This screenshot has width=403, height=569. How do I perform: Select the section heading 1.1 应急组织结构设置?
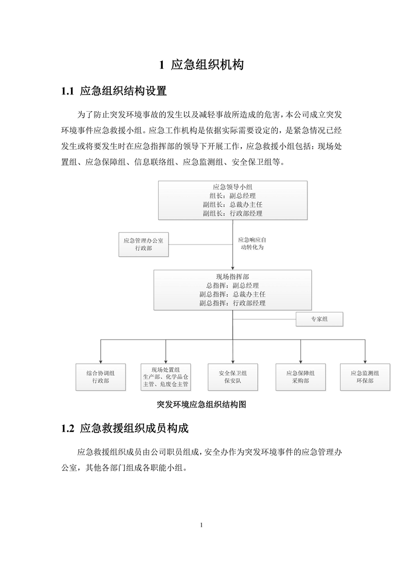click(114, 91)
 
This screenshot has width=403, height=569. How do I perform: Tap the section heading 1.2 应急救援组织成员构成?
click(124, 428)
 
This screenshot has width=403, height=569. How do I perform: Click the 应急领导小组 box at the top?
click(233, 200)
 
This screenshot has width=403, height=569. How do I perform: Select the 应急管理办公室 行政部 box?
click(144, 245)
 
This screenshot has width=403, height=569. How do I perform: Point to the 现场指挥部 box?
click(233, 290)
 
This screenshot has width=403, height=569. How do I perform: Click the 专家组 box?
click(319, 319)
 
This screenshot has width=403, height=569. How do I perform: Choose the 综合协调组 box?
click(101, 377)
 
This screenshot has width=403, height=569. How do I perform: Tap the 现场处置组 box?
click(166, 377)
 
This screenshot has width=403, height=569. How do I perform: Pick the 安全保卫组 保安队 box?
click(233, 377)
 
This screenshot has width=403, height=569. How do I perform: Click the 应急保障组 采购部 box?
click(301, 377)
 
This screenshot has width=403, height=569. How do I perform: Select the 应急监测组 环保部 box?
click(365, 377)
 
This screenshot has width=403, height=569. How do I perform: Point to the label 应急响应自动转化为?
click(252, 243)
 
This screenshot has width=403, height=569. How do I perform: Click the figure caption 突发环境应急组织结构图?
click(201, 404)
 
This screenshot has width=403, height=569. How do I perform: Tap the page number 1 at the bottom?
click(201, 525)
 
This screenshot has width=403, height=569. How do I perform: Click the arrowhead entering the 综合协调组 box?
click(101, 362)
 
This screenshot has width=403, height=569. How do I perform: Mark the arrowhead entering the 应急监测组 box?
click(365, 362)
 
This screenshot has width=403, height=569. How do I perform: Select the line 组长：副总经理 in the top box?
click(233, 196)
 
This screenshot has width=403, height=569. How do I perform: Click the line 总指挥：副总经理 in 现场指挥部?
click(233, 286)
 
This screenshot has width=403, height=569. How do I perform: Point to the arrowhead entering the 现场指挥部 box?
click(233, 268)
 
